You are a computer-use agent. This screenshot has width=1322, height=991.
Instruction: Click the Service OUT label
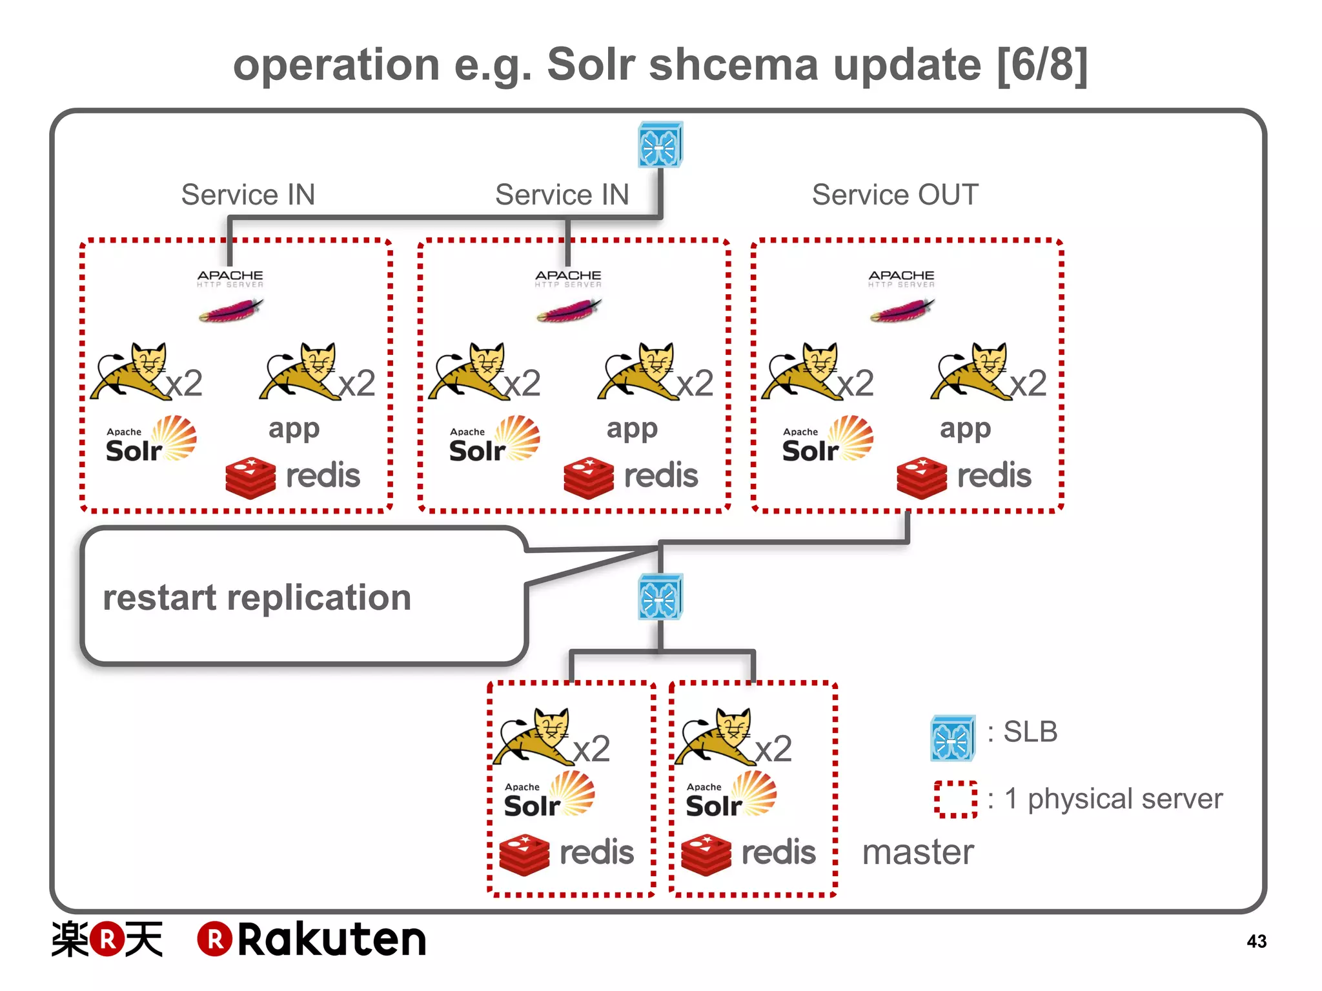coord(895,195)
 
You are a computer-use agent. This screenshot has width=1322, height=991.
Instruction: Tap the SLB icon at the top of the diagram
coord(660,145)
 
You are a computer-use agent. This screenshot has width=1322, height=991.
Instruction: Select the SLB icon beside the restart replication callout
coord(660,597)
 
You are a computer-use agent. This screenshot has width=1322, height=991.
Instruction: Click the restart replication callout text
coord(257,597)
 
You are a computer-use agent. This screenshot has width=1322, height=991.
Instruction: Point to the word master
coord(918,852)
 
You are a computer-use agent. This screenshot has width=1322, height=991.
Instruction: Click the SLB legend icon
coord(952,737)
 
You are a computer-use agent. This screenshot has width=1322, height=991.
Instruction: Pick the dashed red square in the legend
coord(955,799)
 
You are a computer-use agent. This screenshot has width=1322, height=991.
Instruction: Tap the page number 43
coord(1256,941)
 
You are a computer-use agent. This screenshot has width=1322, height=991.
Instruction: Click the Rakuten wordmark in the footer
coord(312,939)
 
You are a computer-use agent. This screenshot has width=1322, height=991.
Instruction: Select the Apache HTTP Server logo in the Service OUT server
coord(901,295)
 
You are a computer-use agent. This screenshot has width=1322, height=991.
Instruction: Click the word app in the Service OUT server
coord(965,429)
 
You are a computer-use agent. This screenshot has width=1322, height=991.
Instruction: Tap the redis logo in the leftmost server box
coord(292,477)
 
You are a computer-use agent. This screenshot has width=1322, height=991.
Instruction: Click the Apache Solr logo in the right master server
coord(731,796)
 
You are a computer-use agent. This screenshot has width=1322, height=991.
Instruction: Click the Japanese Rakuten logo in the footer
coord(107,939)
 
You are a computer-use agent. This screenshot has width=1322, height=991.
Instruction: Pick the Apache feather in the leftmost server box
coord(230,311)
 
